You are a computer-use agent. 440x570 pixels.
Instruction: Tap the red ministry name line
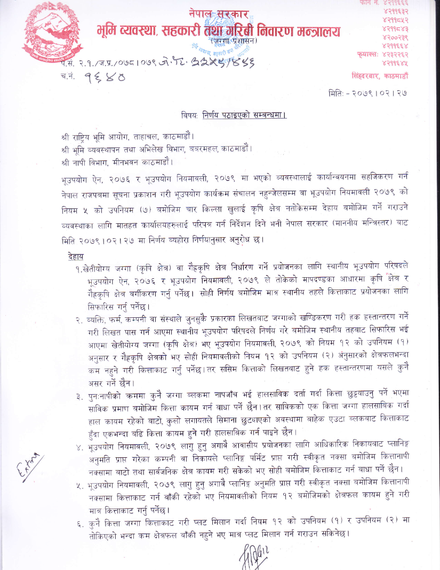click(x=218, y=32)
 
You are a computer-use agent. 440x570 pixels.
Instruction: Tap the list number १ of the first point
click(x=79, y=268)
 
